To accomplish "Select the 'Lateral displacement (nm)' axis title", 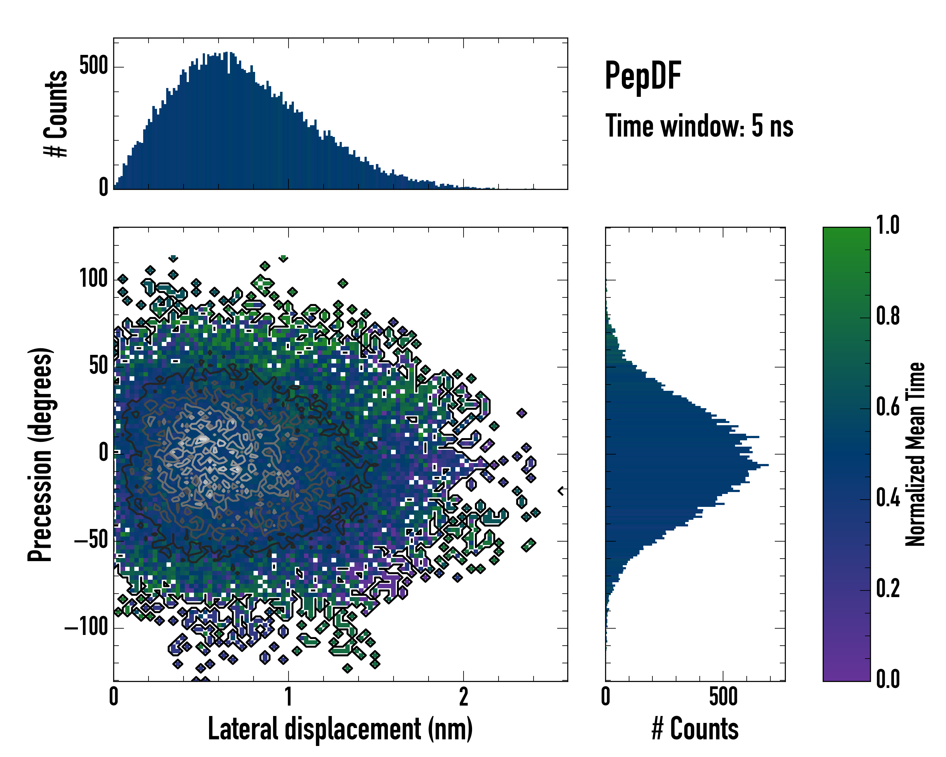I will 340,729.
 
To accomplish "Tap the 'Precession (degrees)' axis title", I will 40,454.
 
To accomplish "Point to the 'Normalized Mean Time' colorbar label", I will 915,454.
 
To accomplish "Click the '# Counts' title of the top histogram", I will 56,114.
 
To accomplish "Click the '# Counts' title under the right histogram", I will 695,729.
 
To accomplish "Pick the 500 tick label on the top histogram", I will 93,66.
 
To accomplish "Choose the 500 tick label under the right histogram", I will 723,697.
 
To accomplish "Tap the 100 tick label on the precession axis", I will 93,279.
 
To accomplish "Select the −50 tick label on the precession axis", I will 91,540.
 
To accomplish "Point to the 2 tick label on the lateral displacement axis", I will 463,697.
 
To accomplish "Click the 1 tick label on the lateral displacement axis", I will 288,697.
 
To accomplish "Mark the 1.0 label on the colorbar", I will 888,226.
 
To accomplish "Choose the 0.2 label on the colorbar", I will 888,589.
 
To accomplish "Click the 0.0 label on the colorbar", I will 888,679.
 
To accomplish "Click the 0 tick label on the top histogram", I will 103,188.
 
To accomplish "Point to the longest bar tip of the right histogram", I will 768,465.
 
